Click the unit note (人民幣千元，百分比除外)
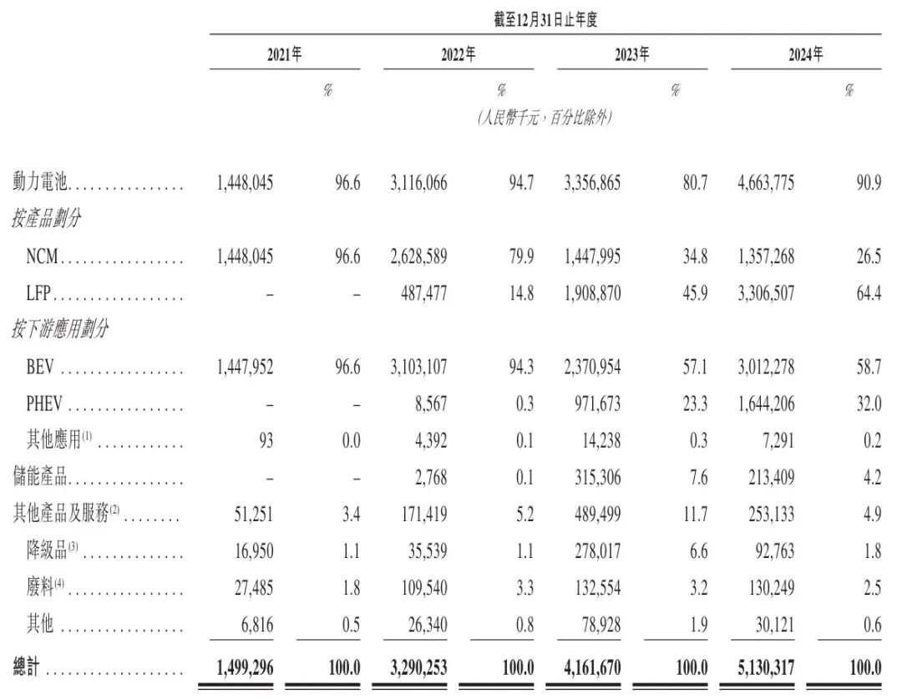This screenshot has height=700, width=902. (x=545, y=118)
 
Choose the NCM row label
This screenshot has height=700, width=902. (x=42, y=256)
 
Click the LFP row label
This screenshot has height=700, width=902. (x=40, y=293)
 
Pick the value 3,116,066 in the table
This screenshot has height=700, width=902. (x=418, y=182)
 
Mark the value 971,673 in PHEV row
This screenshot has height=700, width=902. (x=595, y=403)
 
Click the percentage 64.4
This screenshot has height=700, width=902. (x=868, y=293)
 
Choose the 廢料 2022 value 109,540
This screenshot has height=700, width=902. (x=422, y=587)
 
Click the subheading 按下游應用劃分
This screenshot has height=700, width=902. (x=61, y=329)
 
